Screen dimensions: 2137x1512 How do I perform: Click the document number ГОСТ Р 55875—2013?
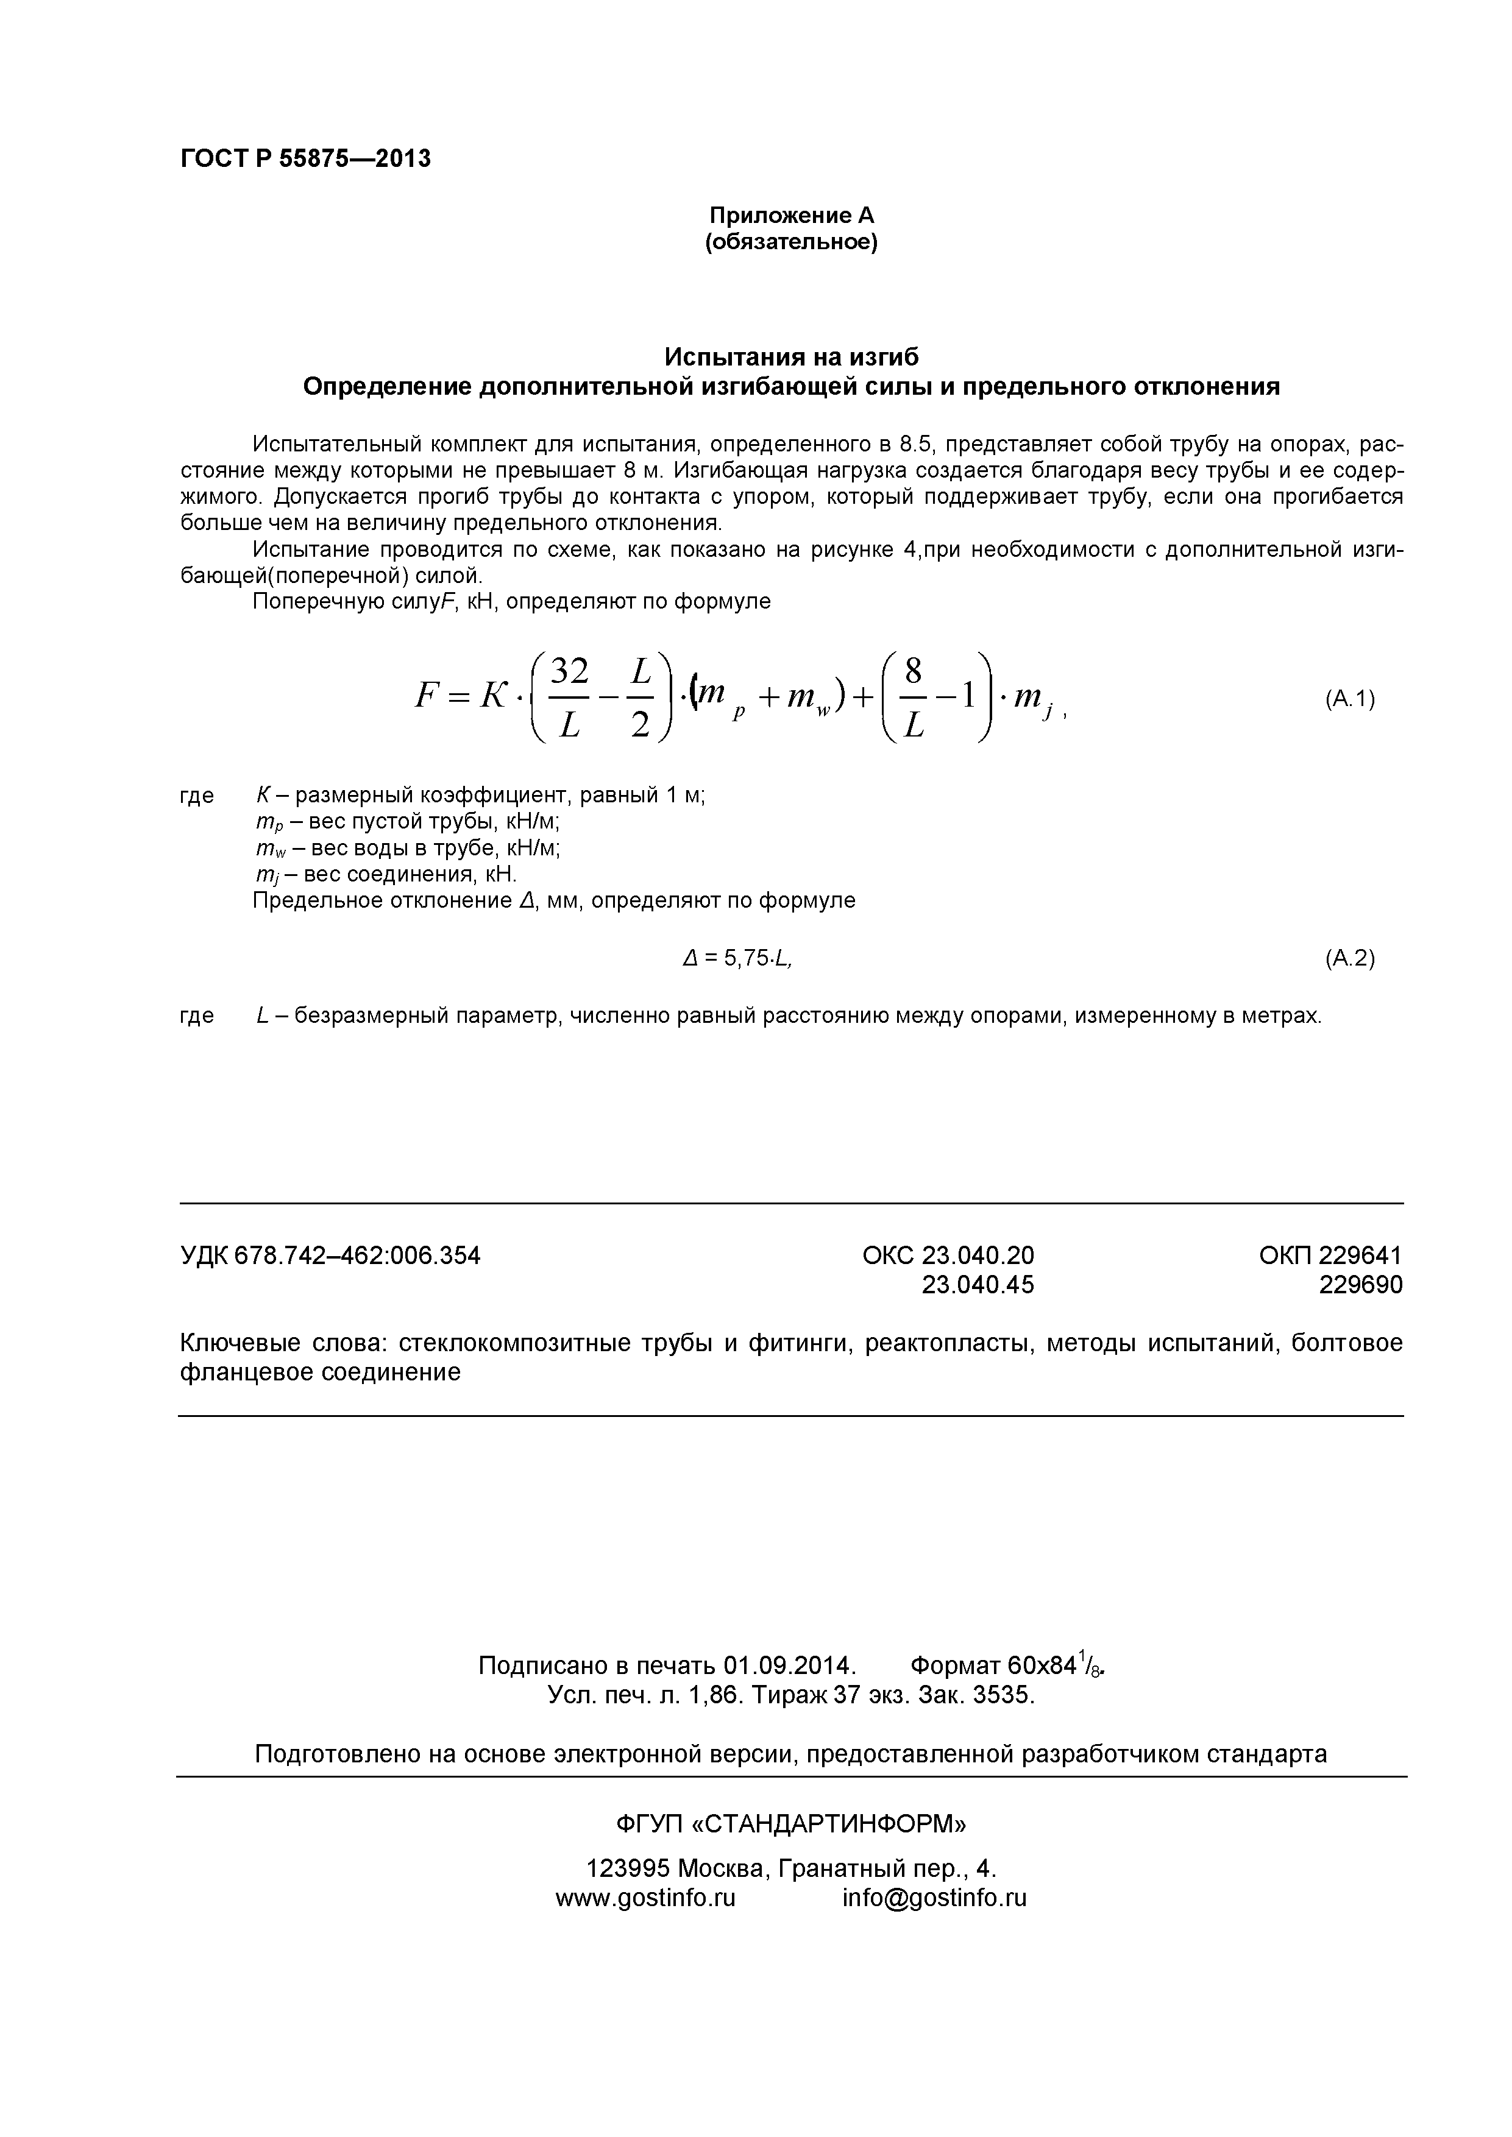click(x=305, y=159)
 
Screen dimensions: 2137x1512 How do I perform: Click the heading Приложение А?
click(x=792, y=216)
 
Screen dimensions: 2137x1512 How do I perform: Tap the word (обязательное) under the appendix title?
click(x=792, y=243)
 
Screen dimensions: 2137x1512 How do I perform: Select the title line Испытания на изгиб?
click(x=792, y=358)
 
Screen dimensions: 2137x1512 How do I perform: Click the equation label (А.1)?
click(x=1350, y=699)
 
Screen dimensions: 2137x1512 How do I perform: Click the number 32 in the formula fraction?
click(x=569, y=671)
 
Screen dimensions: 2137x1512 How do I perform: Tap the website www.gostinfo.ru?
click(x=645, y=1898)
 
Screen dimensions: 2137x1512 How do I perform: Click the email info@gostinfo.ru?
click(x=934, y=1898)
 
